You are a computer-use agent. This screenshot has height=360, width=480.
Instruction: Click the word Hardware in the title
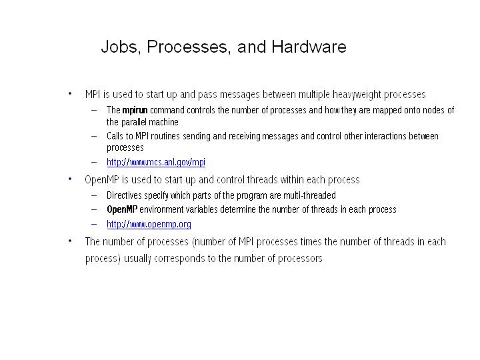tap(309, 47)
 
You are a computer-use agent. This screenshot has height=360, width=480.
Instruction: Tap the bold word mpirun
tap(135, 111)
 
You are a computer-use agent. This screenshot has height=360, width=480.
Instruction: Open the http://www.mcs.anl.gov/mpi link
tap(156, 162)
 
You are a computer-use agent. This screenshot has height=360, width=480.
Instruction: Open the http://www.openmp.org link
tap(149, 225)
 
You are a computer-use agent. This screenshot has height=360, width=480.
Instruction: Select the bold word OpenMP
tap(122, 210)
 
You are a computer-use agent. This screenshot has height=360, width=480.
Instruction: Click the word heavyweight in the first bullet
tap(357, 95)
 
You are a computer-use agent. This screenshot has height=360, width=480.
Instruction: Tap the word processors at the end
tap(300, 259)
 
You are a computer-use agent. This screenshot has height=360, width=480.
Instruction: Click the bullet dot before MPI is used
tap(70, 94)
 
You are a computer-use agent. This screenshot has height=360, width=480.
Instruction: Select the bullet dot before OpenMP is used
tap(70, 179)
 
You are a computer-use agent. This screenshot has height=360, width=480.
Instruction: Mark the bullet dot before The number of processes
tap(70, 241)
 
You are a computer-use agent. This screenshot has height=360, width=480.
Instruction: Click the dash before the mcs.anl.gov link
tap(94, 162)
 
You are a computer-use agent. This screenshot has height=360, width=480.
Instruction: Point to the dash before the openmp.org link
tap(94, 225)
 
